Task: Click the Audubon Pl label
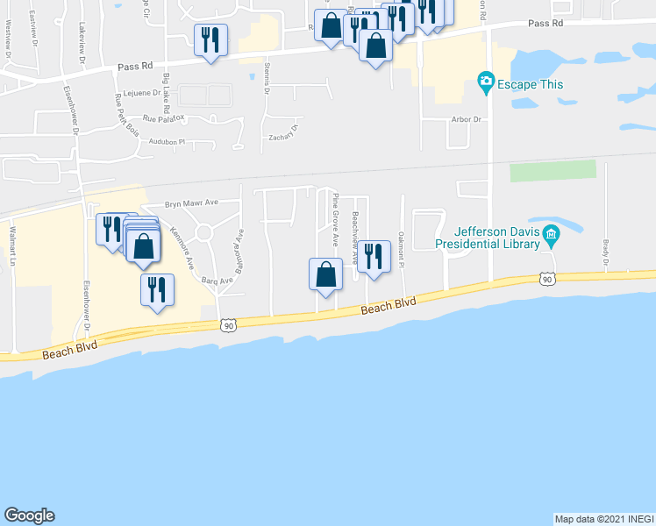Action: (x=168, y=141)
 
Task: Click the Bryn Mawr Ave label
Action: (x=189, y=201)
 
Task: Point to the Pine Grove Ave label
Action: (x=335, y=220)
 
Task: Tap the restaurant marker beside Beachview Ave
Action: (x=374, y=256)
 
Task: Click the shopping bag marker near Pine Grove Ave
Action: (x=325, y=274)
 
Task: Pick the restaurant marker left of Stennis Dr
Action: (x=210, y=40)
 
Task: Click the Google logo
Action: (x=29, y=515)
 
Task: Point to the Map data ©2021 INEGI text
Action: (x=604, y=519)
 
